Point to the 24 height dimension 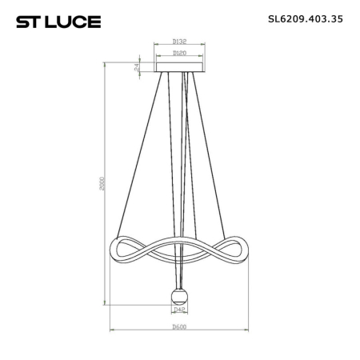click(138, 68)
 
